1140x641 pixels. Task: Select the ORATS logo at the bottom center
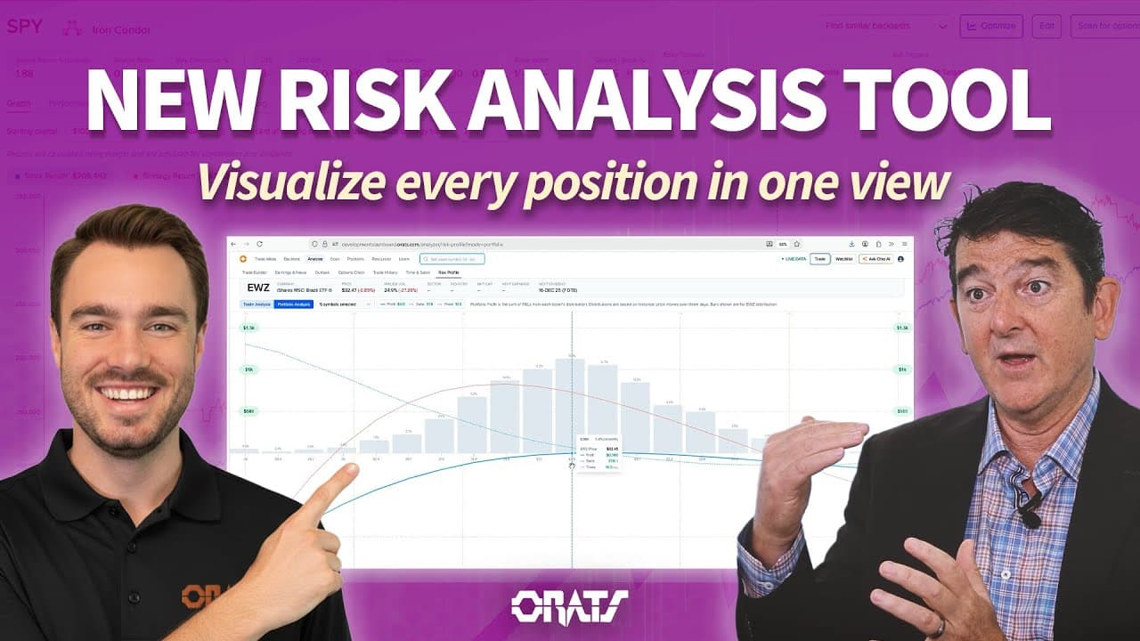(x=569, y=607)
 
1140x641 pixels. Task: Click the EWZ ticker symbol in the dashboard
(x=258, y=288)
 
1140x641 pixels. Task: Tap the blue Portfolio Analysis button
(x=292, y=304)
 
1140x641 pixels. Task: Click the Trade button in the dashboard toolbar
(x=819, y=259)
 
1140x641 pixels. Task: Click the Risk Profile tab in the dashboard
(x=448, y=272)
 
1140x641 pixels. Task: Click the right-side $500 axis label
(x=902, y=411)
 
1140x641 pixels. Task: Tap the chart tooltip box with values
(x=598, y=453)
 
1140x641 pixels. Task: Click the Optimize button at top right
(x=991, y=26)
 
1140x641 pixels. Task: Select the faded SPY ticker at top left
(x=25, y=27)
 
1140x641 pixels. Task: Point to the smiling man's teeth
(x=126, y=393)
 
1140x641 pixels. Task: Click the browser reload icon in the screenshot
(x=259, y=243)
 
